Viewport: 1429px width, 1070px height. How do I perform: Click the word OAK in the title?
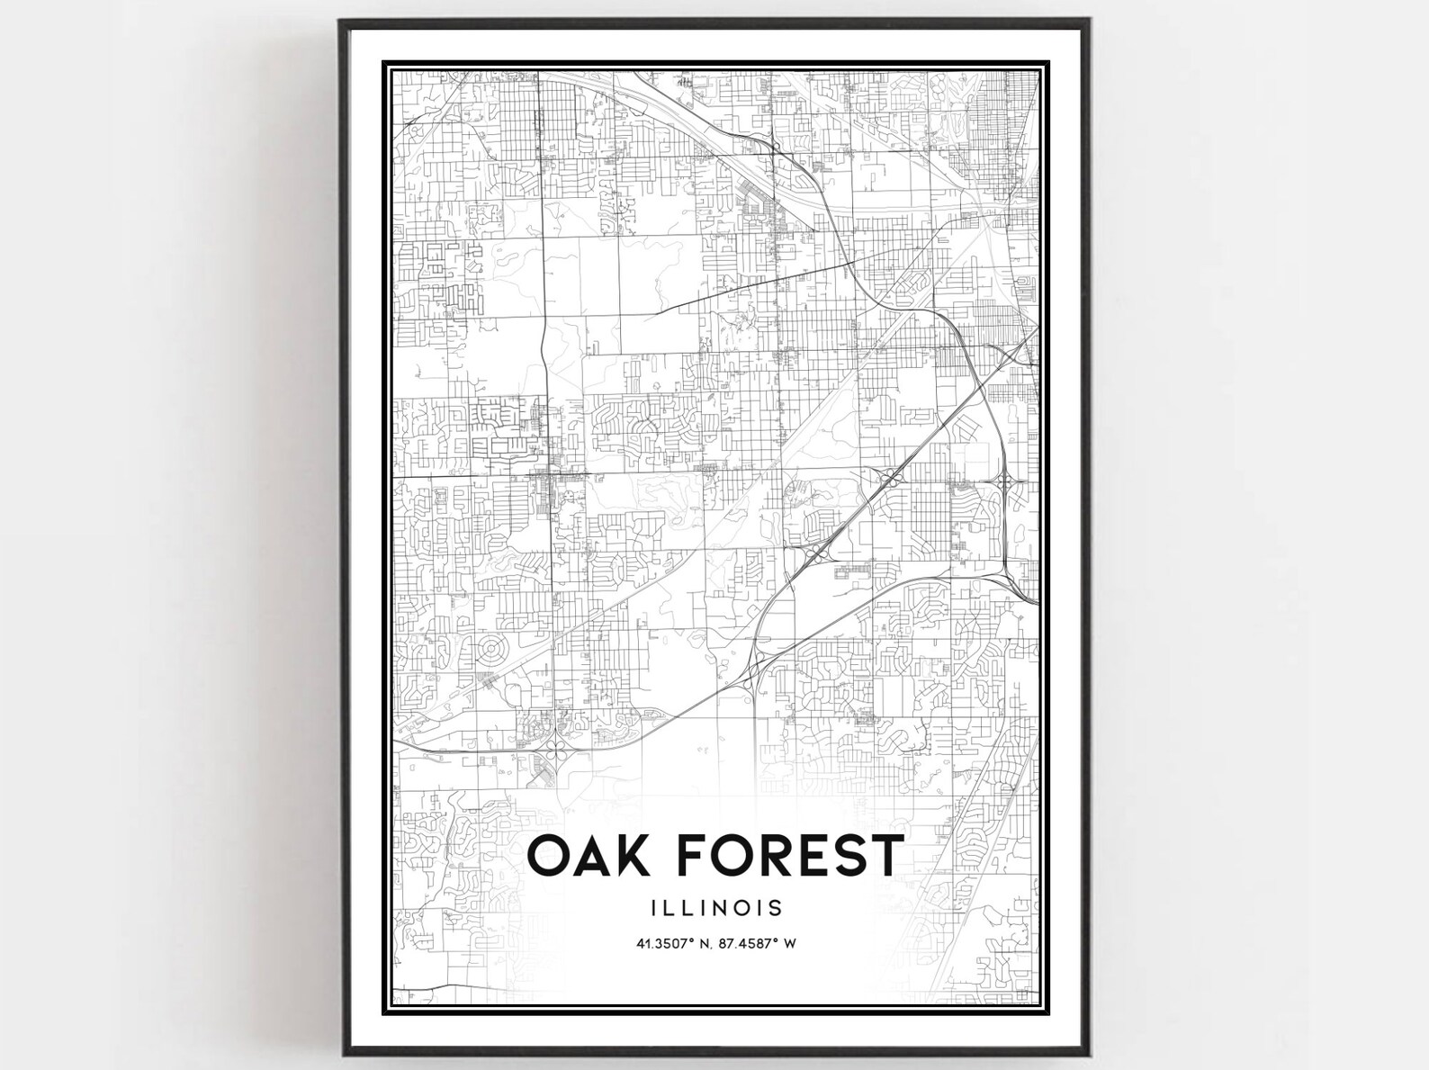[x=586, y=855]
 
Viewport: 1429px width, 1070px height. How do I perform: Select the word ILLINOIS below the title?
[x=714, y=907]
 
